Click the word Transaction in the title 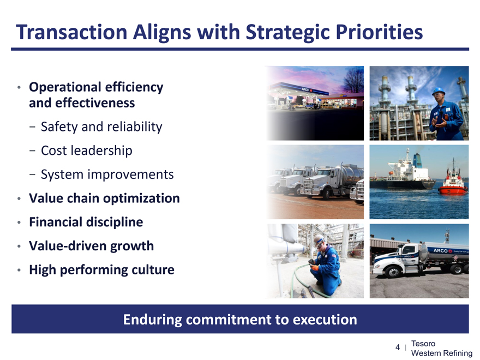tap(71, 32)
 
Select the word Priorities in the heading tap(379, 32)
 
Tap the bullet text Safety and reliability tap(101, 127)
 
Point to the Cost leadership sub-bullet tap(87, 151)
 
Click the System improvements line tap(107, 174)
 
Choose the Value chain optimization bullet tap(104, 198)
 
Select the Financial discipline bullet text tap(86, 222)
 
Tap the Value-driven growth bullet tap(92, 246)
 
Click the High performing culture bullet tap(101, 269)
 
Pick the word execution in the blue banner tap(325, 319)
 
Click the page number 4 tap(398, 347)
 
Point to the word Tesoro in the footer tap(423, 344)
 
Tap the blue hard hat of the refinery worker tap(439, 91)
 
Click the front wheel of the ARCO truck tap(393, 271)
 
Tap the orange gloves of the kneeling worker tap(314, 268)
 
